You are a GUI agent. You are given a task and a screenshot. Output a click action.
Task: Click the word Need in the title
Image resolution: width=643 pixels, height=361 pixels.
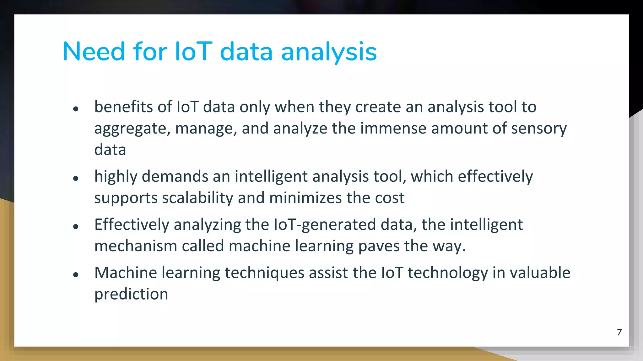click(94, 51)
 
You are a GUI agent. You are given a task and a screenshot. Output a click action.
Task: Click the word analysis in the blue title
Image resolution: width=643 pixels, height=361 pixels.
click(329, 52)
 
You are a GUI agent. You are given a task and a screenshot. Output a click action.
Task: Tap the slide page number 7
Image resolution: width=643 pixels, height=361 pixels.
click(619, 332)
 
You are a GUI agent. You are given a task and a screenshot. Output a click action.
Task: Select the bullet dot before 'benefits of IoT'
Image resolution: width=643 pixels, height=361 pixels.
click(75, 109)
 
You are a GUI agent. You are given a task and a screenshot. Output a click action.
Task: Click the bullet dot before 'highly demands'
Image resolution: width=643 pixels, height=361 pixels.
click(75, 179)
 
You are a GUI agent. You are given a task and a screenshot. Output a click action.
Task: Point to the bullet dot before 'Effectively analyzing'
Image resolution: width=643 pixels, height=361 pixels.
click(75, 227)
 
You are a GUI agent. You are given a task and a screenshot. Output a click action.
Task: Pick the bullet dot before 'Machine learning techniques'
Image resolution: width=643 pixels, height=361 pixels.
click(75, 275)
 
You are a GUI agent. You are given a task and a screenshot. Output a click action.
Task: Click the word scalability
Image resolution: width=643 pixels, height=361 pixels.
click(197, 198)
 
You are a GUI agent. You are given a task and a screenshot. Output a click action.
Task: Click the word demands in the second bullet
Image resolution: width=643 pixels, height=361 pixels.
click(175, 177)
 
